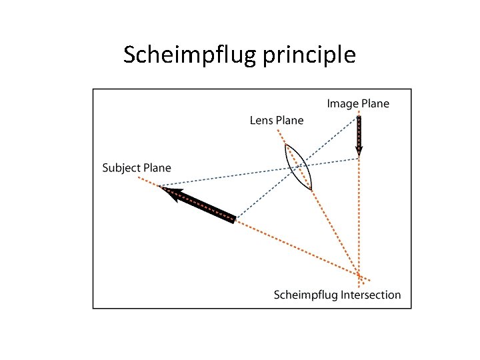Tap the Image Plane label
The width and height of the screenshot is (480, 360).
(x=358, y=103)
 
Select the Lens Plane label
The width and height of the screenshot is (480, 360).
(x=276, y=121)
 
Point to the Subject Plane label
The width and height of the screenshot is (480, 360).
(x=136, y=167)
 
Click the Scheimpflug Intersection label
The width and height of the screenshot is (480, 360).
(x=337, y=295)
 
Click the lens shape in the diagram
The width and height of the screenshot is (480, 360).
(x=298, y=167)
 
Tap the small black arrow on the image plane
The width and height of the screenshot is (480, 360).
(x=359, y=135)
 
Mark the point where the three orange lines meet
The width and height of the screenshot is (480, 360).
(x=359, y=275)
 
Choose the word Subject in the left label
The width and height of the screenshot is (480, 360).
(x=120, y=167)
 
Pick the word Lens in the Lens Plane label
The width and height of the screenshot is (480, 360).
(x=261, y=121)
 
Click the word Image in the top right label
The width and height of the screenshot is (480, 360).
(x=342, y=103)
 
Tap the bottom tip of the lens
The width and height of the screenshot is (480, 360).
(x=311, y=190)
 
